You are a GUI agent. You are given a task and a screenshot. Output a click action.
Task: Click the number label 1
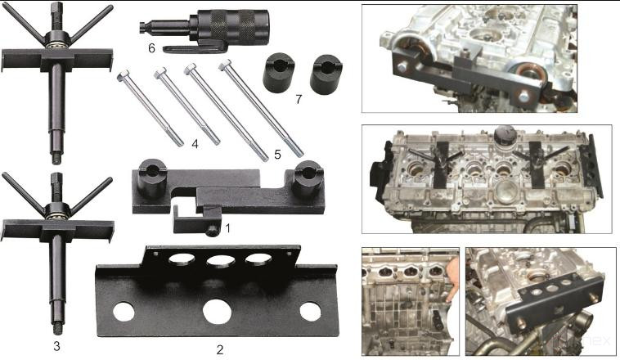tap(227, 228)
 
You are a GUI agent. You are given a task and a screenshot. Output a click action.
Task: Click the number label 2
tap(219, 349)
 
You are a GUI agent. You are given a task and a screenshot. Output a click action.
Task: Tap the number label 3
tap(56, 346)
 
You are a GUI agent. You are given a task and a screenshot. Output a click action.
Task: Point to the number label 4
tap(195, 145)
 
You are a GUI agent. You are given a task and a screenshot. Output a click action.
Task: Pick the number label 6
tap(151, 47)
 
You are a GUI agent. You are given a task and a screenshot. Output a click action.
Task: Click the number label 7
tap(299, 99)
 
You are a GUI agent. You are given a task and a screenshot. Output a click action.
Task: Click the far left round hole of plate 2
tap(124, 312)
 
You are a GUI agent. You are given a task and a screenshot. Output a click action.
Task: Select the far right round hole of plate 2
tap(310, 312)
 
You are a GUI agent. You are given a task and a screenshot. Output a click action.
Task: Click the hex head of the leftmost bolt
tap(124, 75)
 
